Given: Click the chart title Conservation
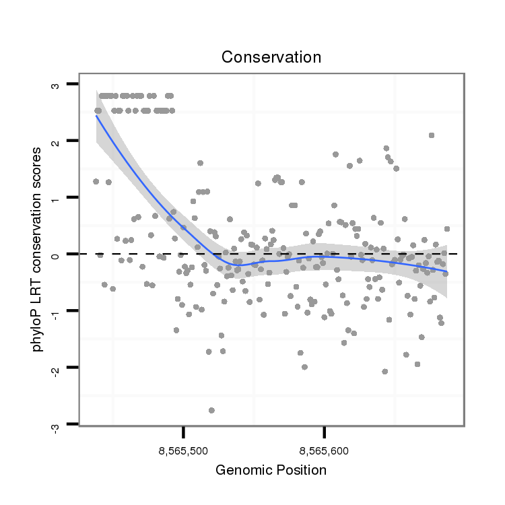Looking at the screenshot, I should (x=271, y=57).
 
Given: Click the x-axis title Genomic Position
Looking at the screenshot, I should (x=271, y=470).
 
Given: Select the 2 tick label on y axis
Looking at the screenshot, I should (x=55, y=141).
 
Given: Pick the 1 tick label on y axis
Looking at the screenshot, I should (x=55, y=197).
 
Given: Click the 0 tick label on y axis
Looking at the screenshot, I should (x=55, y=254).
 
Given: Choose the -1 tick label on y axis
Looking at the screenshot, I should (x=55, y=310).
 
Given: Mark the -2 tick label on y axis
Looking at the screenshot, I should (x=55, y=367).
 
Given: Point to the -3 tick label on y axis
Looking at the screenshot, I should (x=55, y=424).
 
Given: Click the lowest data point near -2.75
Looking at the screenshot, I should (x=211, y=410).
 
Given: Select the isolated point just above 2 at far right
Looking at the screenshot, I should (x=431, y=135).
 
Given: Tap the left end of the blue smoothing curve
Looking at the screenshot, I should (x=97, y=116).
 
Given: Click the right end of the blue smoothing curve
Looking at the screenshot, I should (x=446, y=272).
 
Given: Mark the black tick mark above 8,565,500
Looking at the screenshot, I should (x=183, y=432).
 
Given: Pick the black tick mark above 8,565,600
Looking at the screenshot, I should (x=325, y=432).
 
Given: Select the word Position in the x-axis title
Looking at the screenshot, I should (x=300, y=470).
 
